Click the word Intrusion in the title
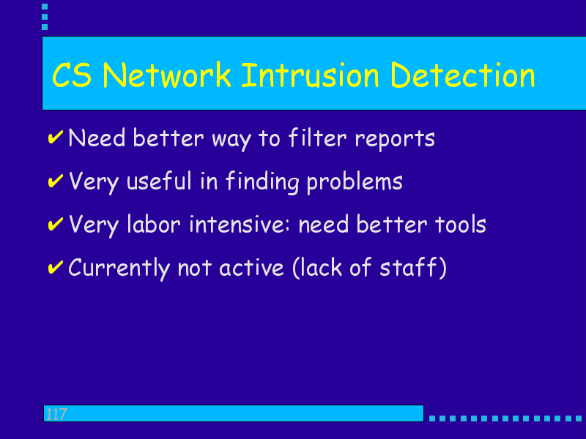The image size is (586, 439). (x=310, y=75)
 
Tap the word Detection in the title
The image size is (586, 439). (x=463, y=75)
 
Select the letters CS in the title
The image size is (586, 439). (x=72, y=75)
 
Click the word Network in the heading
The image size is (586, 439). (x=167, y=75)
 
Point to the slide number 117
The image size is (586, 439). (x=56, y=414)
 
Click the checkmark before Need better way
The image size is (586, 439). (x=56, y=137)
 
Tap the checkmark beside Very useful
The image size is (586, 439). (x=56, y=180)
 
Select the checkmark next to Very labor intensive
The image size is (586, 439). (x=56, y=223)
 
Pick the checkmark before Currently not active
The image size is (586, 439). (x=56, y=266)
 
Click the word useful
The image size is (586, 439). (x=159, y=181)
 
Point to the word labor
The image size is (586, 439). (x=154, y=225)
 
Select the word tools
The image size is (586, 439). (x=461, y=225)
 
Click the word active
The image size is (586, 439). (x=251, y=268)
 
